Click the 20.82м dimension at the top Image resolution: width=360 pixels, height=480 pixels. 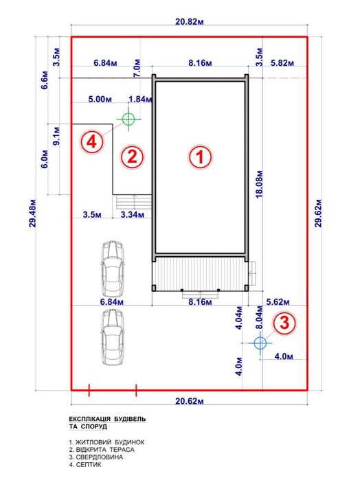coord(190,22)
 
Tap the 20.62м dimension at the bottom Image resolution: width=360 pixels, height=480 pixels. coord(190,401)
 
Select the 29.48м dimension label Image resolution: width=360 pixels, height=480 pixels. coord(33,214)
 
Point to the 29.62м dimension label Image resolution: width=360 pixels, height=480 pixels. coord(319,213)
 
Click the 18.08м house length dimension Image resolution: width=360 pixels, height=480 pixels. coord(259,183)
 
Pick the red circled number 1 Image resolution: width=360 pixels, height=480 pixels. coord(200,157)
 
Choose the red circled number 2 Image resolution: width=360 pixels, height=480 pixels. coord(132,157)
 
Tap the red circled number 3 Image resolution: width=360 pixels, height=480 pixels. coord(285,323)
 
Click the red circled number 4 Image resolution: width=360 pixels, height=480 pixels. coord(92,141)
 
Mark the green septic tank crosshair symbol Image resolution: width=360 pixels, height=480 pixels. coord(128,119)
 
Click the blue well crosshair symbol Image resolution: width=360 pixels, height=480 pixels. coord(260,343)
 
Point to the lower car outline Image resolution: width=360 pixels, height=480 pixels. coord(113,336)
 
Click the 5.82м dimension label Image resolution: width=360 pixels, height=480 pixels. coord(282,62)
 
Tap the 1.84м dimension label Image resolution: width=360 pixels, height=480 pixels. coord(140,99)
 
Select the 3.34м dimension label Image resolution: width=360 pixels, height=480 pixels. coord(133,214)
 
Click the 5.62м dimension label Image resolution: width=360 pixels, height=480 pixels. coord(278,302)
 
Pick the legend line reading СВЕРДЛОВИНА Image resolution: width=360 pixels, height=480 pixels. coord(96,457)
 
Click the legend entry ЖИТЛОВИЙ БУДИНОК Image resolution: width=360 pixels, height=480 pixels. coord(106,442)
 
